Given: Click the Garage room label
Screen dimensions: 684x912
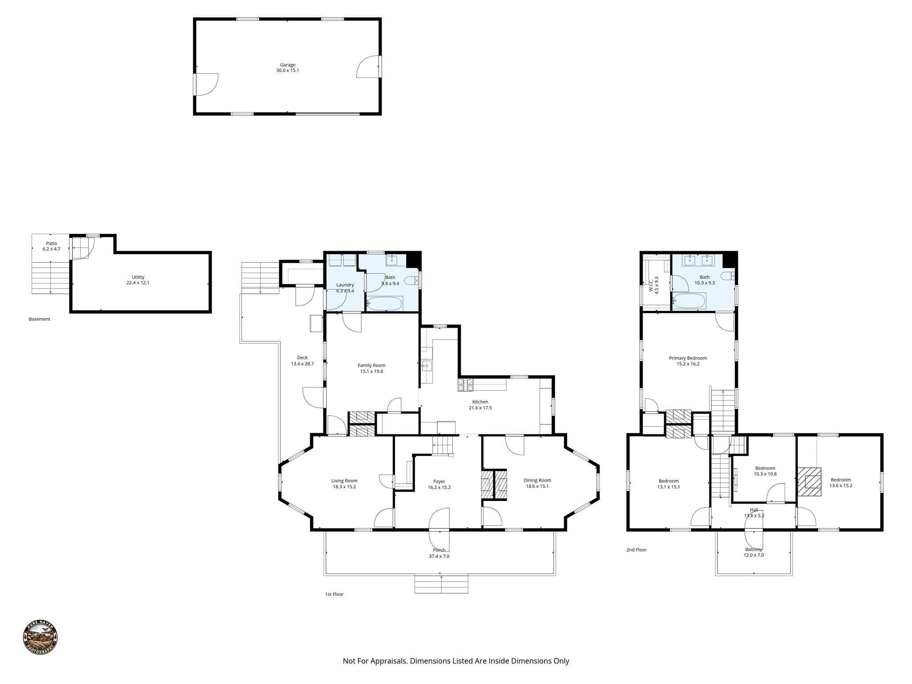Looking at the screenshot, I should [x=287, y=65].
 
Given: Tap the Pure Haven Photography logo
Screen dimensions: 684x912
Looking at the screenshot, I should [x=40, y=638].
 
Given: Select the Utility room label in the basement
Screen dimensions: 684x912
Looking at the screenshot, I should [x=138, y=277].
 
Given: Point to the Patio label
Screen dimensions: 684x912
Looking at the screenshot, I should [x=51, y=244].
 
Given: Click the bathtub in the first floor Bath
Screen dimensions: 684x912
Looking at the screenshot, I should [x=385, y=304].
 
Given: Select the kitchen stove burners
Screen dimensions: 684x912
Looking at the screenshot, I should [x=465, y=385].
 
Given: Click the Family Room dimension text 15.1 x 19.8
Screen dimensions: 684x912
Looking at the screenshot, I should [x=371, y=371].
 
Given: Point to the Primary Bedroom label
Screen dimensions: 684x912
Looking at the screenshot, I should [x=688, y=358].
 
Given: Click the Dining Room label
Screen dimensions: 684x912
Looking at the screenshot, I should [x=537, y=480].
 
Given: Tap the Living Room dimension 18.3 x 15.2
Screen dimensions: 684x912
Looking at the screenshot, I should [x=344, y=487].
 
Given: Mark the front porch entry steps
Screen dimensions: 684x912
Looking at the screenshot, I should [x=441, y=584].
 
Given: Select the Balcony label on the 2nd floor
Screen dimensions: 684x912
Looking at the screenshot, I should [x=753, y=550].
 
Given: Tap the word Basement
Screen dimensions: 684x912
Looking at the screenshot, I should [x=40, y=319].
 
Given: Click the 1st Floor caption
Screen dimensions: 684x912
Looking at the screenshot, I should [x=334, y=594].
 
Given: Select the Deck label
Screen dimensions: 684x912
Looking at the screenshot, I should [x=302, y=358].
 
